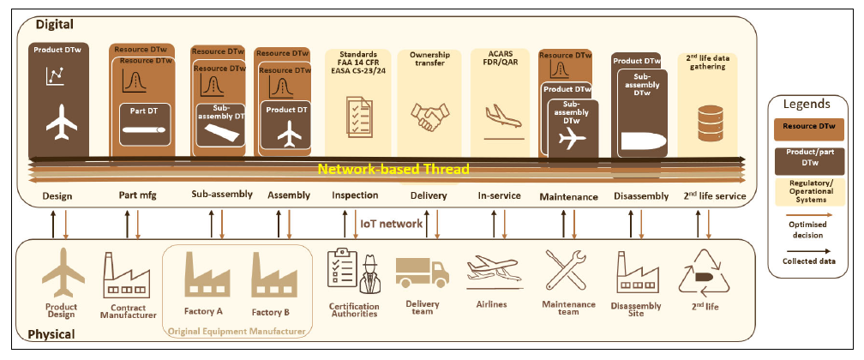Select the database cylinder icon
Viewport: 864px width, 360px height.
tap(711, 123)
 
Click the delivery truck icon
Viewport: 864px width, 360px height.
tap(422, 271)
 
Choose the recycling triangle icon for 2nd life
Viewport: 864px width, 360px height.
tap(704, 273)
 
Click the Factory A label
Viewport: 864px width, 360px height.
tap(203, 311)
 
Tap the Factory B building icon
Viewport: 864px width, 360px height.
tap(274, 274)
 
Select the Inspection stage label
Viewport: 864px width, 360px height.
tap(355, 195)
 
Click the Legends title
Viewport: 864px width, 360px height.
tap(807, 105)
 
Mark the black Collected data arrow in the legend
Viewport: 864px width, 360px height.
tap(807, 251)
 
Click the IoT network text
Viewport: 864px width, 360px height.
tap(391, 223)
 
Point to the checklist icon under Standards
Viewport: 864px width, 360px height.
tap(358, 117)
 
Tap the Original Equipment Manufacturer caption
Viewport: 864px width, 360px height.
tap(237, 332)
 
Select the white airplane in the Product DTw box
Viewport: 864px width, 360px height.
tap(62, 122)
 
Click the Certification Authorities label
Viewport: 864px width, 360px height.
tap(354, 309)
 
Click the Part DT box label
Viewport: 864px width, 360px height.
tap(145, 110)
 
